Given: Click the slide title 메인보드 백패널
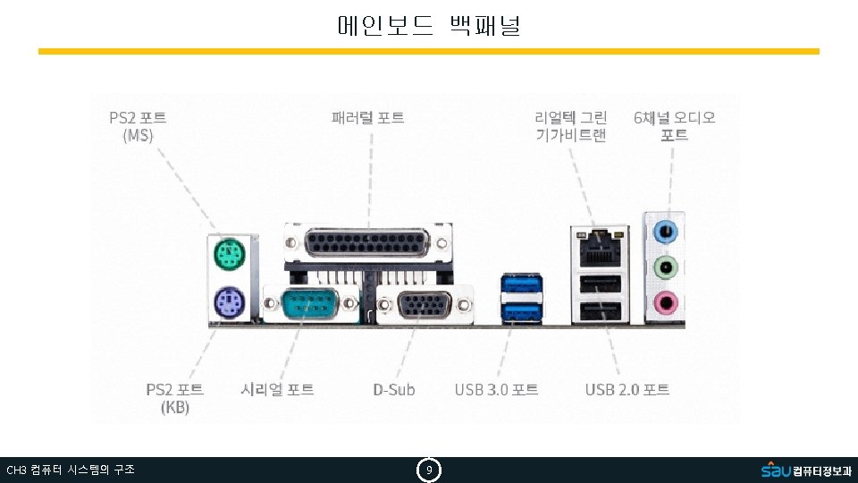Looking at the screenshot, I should [429, 25].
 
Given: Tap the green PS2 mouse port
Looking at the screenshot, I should [228, 257].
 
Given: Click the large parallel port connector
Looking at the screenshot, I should [366, 243].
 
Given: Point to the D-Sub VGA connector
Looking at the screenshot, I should [425, 305].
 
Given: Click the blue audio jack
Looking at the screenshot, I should [666, 231].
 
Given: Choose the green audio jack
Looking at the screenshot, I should [666, 267].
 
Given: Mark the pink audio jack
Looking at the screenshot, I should [666, 302].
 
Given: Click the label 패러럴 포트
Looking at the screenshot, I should [367, 117].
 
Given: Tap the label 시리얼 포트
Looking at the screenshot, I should [277, 389].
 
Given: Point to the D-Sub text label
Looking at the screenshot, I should [394, 389].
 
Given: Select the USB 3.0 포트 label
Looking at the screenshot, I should [496, 389].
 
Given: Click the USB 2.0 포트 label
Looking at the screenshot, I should [627, 389].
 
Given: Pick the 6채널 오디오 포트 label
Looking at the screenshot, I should [675, 126].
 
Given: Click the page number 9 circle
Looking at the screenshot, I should [429, 470].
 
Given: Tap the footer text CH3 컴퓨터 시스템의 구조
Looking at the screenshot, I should [71, 470].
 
